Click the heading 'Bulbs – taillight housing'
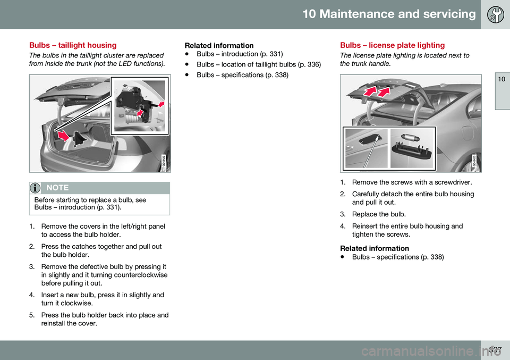click(x=73, y=45)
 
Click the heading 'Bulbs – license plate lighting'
click(x=393, y=45)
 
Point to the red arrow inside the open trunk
click(x=63, y=136)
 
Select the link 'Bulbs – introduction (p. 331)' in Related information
click(x=239, y=54)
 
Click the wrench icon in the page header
click(x=494, y=14)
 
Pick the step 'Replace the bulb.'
click(x=379, y=214)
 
